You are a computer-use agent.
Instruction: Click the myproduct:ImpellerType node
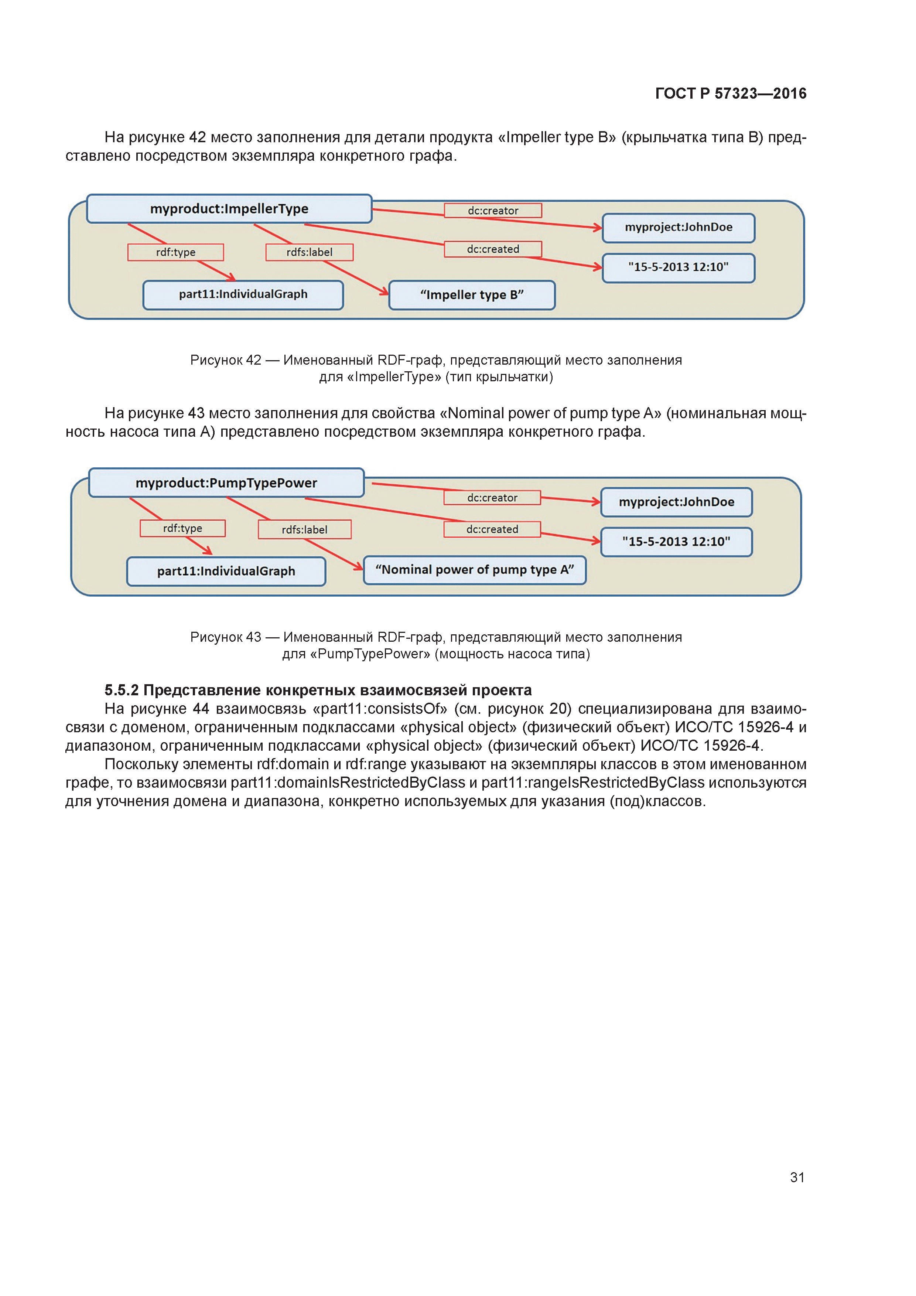229,209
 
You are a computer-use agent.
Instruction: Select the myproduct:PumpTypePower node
226,482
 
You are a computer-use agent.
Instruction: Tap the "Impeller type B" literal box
472,295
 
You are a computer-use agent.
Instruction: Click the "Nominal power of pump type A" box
475,570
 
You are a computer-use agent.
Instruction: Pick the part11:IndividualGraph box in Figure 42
243,295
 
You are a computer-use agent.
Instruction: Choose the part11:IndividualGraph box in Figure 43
226,571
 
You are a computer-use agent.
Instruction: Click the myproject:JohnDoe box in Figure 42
679,228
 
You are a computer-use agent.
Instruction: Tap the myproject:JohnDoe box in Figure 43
676,502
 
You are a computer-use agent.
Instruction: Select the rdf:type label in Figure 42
175,252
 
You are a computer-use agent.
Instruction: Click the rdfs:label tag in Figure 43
305,529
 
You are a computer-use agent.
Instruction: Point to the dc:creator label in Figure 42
493,211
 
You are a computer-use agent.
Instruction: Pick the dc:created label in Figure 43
492,529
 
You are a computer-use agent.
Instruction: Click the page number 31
797,1177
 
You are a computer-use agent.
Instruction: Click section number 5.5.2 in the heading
122,690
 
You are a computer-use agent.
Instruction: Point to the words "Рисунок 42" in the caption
226,360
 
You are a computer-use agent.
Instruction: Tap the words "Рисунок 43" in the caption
226,637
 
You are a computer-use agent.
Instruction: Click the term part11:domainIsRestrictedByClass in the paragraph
348,783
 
